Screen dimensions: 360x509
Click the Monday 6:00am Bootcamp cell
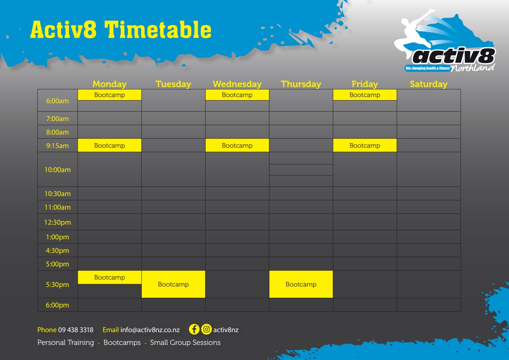pos(109,95)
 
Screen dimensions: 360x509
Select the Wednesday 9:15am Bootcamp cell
pos(237,145)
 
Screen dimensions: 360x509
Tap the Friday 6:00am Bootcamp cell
pos(364,95)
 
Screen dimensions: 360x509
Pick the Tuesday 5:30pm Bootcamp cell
pos(173,284)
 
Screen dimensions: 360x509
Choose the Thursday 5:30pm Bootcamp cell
pos(301,284)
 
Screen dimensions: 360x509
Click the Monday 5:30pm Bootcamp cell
pos(109,278)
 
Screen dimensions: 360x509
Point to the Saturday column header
pos(428,84)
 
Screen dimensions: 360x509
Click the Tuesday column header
pos(173,84)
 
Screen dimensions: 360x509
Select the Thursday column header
pos(301,84)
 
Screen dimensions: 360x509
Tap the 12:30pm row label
pos(58,222)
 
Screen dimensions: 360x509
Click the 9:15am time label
pos(58,146)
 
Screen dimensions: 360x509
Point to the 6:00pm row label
pos(58,305)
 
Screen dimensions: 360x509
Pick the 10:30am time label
pos(58,194)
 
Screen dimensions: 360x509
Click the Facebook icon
pos(194,329)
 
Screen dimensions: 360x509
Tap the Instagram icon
pos(207,329)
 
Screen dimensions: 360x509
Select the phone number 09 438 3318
pos(76,330)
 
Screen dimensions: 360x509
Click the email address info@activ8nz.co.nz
pos(150,330)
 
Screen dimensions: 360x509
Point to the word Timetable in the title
pos(158,30)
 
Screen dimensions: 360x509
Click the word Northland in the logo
pos(472,68)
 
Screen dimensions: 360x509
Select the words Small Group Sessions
pos(185,343)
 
